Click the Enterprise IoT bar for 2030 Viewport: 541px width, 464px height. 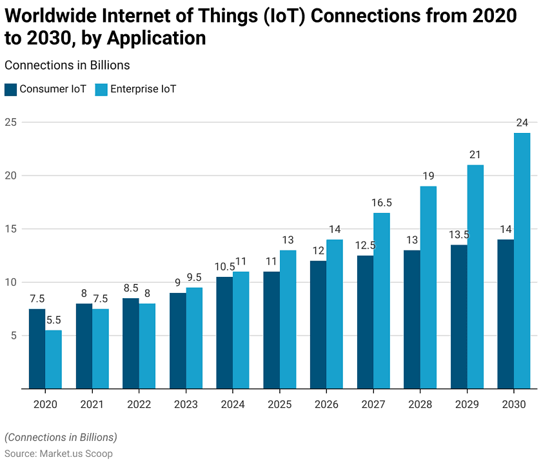coord(522,261)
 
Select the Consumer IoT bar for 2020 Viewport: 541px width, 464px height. coord(37,348)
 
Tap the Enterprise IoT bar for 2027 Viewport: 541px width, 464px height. coord(381,301)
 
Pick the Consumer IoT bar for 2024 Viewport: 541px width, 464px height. coord(224,332)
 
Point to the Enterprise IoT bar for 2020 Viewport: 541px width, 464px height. coord(54,359)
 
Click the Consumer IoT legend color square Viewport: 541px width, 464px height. coord(10,89)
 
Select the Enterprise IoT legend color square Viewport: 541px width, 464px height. coord(101,89)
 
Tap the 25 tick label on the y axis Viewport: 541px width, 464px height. coord(10,122)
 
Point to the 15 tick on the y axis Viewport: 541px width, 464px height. coord(10,229)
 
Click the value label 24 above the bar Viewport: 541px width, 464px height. coord(522,123)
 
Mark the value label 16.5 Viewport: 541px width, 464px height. coord(381,203)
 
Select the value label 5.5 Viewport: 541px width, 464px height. coord(54,320)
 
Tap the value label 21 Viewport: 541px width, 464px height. coord(475,155)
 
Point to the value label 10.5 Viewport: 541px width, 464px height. coord(224,267)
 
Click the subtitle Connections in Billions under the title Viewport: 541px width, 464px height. coord(67,65)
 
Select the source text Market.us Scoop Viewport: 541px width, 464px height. coord(76,454)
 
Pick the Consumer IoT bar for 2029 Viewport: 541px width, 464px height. coord(459,317)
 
